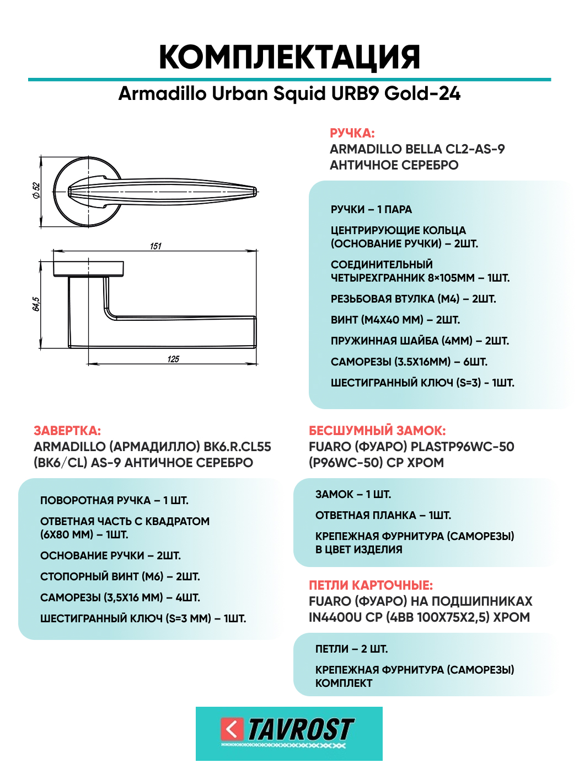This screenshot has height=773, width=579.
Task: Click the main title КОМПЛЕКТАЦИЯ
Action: tap(289, 57)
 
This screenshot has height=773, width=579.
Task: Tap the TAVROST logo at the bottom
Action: tap(289, 733)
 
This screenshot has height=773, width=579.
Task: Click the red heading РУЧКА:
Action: tap(352, 133)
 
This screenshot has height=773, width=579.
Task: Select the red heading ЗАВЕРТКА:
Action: tap(67, 431)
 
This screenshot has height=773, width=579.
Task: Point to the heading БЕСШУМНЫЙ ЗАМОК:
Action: tap(377, 431)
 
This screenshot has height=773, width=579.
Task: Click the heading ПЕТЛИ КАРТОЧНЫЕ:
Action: tap(371, 585)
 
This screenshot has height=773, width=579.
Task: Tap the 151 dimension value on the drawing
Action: tap(156, 246)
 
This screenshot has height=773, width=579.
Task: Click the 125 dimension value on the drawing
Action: tap(173, 359)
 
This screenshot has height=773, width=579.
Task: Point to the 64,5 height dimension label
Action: tap(36, 304)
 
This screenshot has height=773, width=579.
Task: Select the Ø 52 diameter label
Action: tap(36, 190)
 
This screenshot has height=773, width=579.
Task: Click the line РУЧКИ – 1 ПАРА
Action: tap(371, 210)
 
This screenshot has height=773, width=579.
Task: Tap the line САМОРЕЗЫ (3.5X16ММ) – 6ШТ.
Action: tap(409, 362)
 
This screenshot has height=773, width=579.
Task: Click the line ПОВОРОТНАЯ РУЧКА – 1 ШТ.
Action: tap(114, 501)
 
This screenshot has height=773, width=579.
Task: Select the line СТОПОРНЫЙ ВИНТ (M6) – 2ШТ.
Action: tap(120, 577)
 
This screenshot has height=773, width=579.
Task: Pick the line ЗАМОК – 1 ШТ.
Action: tap(353, 495)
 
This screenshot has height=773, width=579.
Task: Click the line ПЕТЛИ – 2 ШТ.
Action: tap(351, 649)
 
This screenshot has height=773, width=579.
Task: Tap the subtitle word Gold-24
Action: tap(422, 94)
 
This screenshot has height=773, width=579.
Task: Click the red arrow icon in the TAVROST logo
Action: tap(232, 729)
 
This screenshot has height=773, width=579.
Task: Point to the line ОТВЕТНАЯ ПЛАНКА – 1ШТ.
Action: tap(383, 516)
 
